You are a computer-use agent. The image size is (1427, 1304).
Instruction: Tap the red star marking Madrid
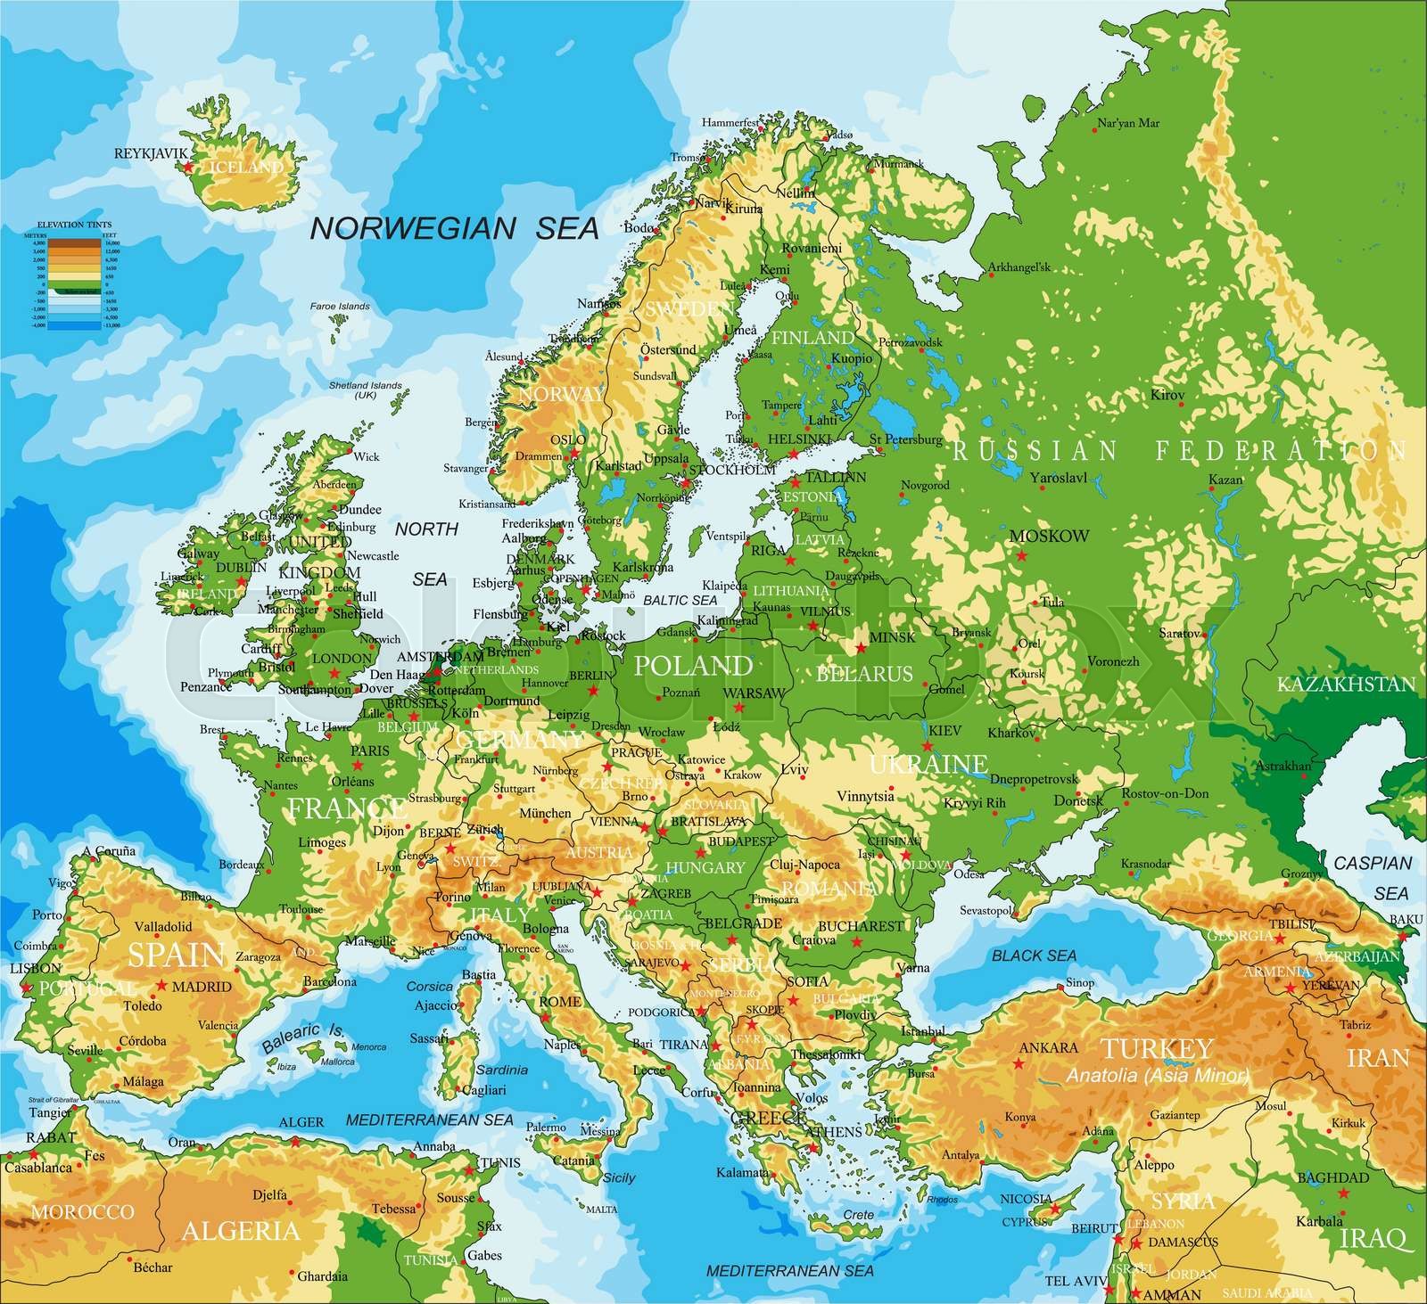click(x=161, y=985)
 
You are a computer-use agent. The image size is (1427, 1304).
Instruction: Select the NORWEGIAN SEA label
click(x=453, y=228)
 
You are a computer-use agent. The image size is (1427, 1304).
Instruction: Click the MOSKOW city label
click(x=1050, y=536)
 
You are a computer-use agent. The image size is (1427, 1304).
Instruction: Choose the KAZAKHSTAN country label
click(x=1347, y=685)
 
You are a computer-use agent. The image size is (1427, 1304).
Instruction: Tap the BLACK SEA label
click(x=1035, y=955)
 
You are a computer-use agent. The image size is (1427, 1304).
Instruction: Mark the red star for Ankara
click(x=1019, y=1063)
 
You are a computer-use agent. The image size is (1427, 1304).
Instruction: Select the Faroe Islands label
click(x=340, y=307)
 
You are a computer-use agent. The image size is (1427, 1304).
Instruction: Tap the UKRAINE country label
click(x=928, y=764)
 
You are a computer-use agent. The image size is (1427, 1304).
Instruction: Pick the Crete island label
click(x=858, y=1215)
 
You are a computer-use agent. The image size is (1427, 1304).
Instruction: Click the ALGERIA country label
click(x=240, y=1231)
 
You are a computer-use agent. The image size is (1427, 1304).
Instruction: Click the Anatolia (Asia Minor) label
click(x=1157, y=1076)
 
